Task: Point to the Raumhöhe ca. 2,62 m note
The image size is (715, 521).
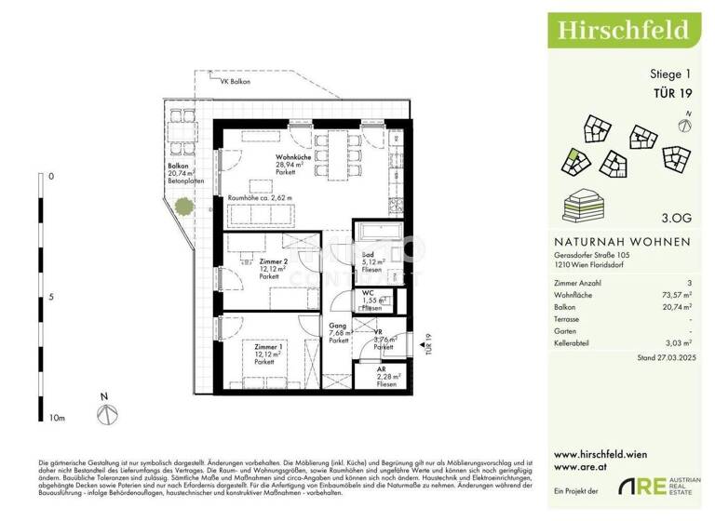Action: coord(260,198)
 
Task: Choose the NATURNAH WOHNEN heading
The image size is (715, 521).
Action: coord(622,241)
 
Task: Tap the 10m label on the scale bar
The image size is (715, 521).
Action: coord(56,419)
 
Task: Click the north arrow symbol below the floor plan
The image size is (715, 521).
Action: coord(106,412)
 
